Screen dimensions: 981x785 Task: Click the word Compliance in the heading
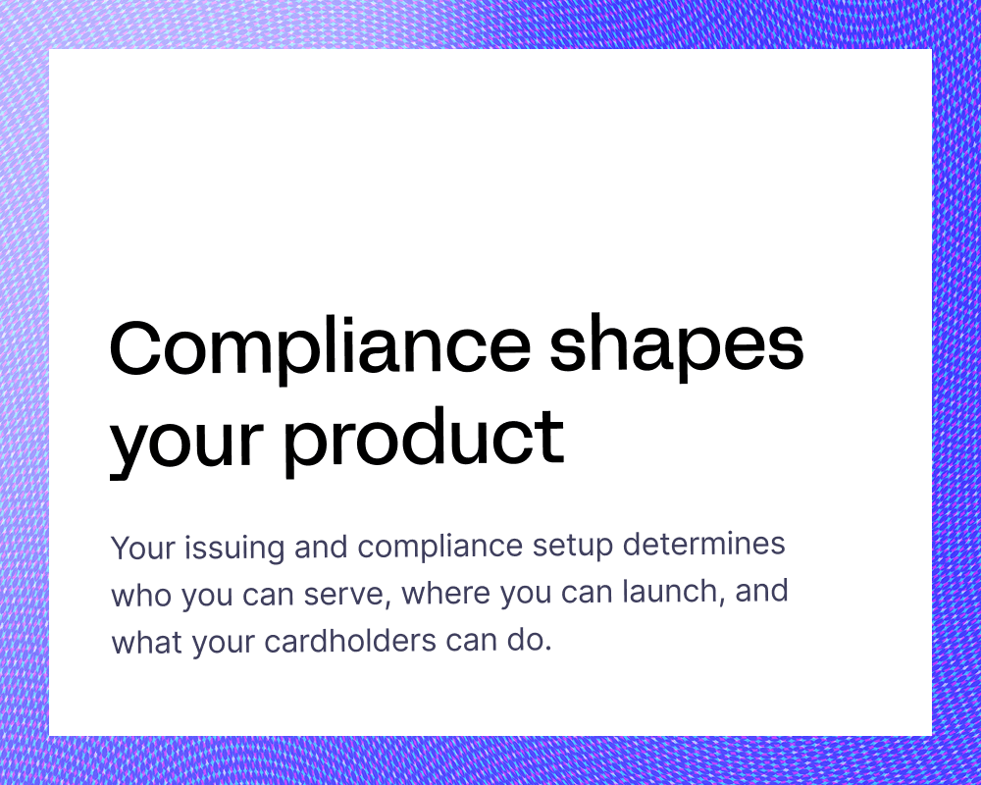pos(321,349)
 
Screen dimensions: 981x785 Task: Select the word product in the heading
pos(424,440)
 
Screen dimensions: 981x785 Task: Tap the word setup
pos(573,547)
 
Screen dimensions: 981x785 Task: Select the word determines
pos(703,543)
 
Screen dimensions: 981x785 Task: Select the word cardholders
pos(350,641)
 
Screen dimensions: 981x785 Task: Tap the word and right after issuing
pos(321,546)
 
